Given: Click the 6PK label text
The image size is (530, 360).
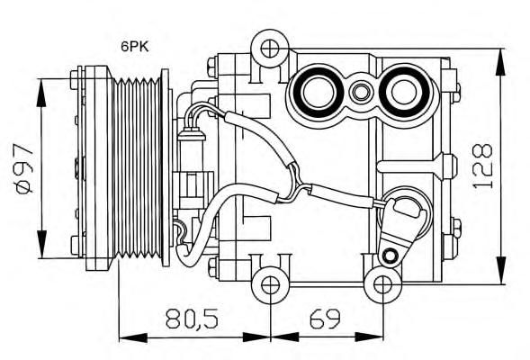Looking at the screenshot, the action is tap(135, 47).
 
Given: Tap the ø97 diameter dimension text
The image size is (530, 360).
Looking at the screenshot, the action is tap(23, 168).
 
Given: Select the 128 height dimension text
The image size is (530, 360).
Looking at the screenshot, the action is tap(482, 166).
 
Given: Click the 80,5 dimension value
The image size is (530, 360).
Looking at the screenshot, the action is tap(192, 319).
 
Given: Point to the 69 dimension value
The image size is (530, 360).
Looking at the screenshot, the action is tap(325, 319).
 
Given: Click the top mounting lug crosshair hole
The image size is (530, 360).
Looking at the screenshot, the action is tap(270, 49).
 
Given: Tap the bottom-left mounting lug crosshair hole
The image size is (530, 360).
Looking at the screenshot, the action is tap(271, 285).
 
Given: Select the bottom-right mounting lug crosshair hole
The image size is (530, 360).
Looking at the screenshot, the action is tap(383, 285).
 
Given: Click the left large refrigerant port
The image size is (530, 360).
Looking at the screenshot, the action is tap(319, 93).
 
